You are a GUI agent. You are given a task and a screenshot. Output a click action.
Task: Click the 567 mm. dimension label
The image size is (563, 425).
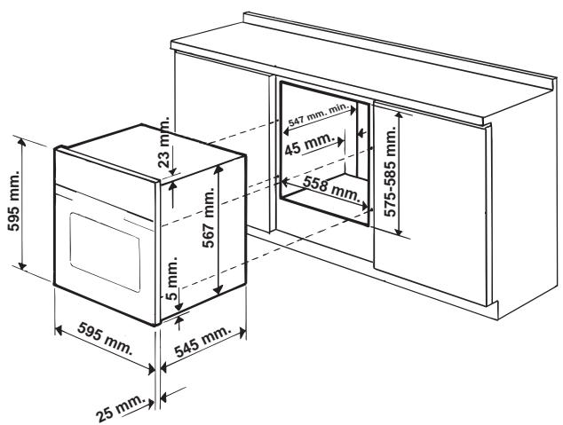pyautogui.click(x=203, y=232)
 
